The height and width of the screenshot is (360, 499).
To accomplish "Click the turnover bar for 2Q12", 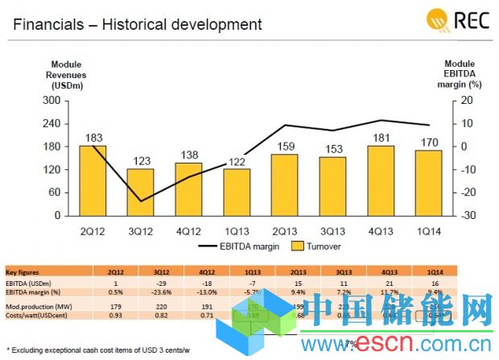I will pos(93,180).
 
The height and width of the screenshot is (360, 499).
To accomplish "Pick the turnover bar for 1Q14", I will pos(429,183).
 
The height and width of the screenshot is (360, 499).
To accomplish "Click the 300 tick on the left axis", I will pos(52,101).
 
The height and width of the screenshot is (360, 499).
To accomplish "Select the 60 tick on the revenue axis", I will pos(55,192).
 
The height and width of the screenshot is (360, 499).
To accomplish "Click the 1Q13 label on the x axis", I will pos(236,229).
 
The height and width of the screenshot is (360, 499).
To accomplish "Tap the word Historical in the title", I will pos(142,24).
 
